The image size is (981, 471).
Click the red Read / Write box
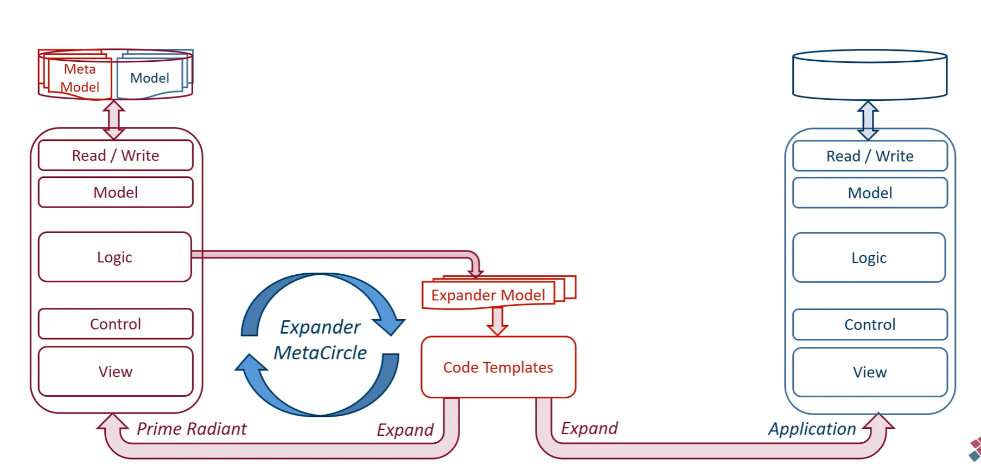coord(116,156)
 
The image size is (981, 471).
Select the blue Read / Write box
coord(870,156)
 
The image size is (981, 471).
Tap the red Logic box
coord(114,257)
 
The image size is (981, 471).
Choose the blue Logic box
coord(869,257)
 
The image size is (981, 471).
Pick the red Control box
coord(116,324)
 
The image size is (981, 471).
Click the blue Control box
coord(870,325)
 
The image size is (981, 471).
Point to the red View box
coord(116,372)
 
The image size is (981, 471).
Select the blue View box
coord(870,372)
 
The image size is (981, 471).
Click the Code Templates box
coord(498,367)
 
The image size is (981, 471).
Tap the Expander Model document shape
coord(488,295)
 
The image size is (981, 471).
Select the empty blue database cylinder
coord(870,76)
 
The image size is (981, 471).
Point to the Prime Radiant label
coord(192,429)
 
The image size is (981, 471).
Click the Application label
coord(812,429)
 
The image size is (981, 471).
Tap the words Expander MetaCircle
coord(320,340)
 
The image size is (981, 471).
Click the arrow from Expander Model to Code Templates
coord(497,321)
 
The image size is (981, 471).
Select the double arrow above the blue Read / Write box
coord(868,120)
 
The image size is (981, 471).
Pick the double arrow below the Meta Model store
coord(114,120)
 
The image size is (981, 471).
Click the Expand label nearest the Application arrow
coord(589,428)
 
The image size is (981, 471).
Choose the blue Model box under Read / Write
coord(870,193)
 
